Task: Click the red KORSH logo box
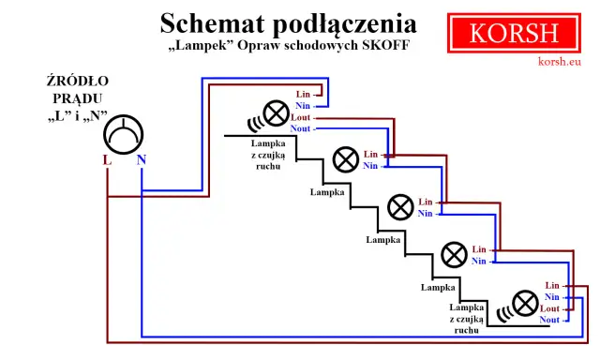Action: tap(514, 33)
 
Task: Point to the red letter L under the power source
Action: tap(107, 160)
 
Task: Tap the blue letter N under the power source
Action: tap(141, 160)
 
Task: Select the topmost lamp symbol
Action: tap(276, 113)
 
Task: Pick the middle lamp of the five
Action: tap(400, 205)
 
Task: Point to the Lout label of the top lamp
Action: tap(300, 118)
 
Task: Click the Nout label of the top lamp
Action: tap(300, 129)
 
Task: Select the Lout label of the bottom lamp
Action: tap(549, 308)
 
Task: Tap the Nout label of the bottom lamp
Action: tap(549, 321)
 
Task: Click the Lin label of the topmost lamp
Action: tap(302, 95)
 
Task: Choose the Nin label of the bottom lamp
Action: tap(552, 296)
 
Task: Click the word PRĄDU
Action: tap(77, 98)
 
